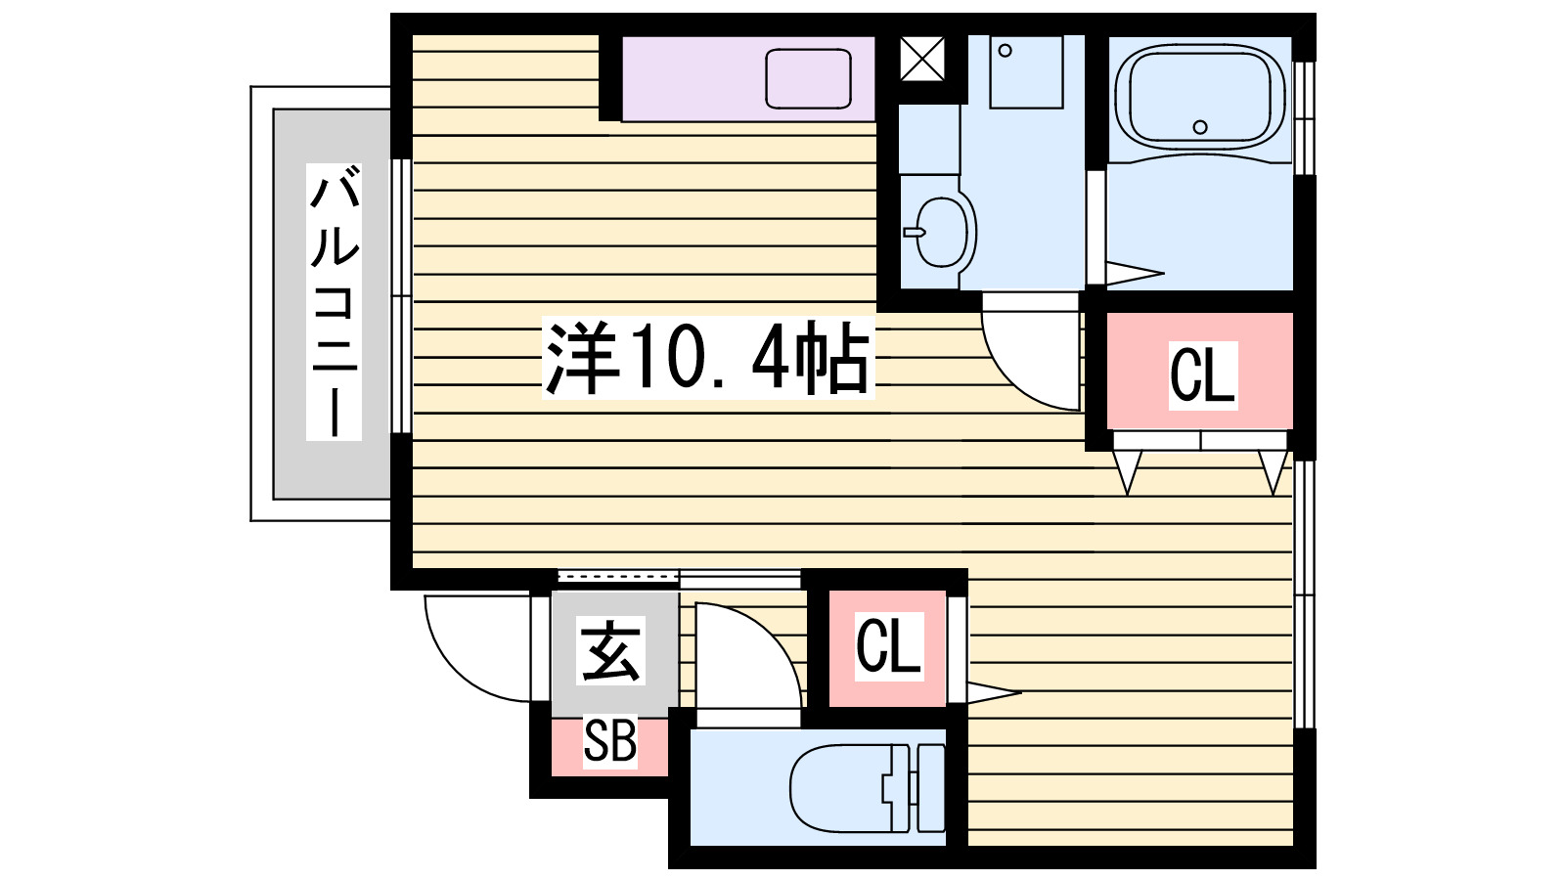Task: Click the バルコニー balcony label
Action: pos(334,302)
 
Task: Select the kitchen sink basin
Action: pos(808,78)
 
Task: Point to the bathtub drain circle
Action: pos(1200,126)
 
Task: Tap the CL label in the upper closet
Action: pos(1202,374)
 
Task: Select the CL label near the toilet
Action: pos(888,645)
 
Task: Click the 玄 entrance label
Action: pos(612,652)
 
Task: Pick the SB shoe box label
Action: pos(609,741)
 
